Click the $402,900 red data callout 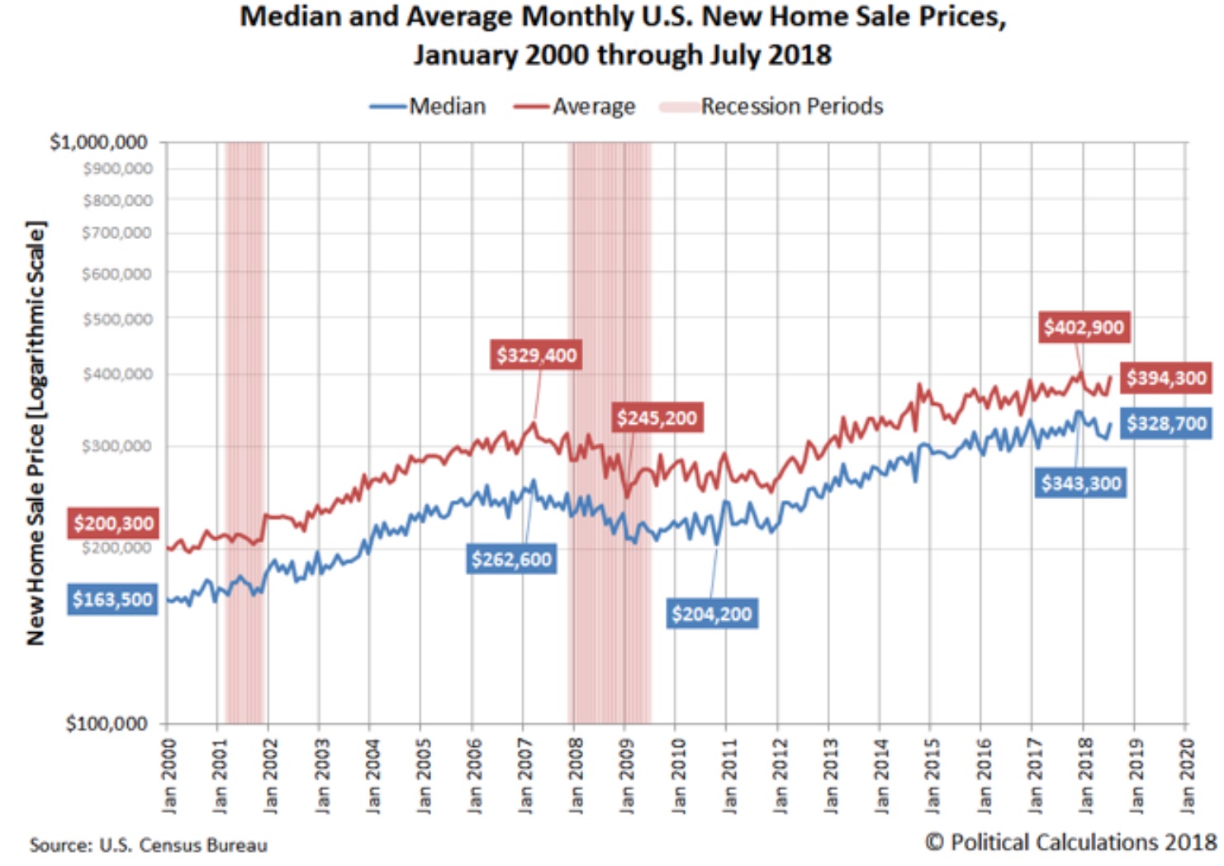(x=1083, y=327)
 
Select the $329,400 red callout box (x=536, y=355)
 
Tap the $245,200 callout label (x=657, y=418)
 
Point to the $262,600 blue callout (x=511, y=559)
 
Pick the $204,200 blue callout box (x=711, y=614)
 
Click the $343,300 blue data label (x=1080, y=483)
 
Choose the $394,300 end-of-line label (x=1165, y=378)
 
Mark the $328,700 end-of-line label (x=1165, y=424)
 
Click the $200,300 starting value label (x=113, y=523)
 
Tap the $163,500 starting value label (x=112, y=599)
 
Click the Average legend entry (x=575, y=107)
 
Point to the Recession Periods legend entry (x=772, y=107)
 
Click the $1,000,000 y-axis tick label (x=98, y=142)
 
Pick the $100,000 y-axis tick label (x=107, y=724)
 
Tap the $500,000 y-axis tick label (x=117, y=319)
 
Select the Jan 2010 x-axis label (x=679, y=775)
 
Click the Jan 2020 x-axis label (x=1188, y=775)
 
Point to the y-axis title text (x=36, y=433)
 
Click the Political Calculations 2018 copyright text (x=1070, y=842)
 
